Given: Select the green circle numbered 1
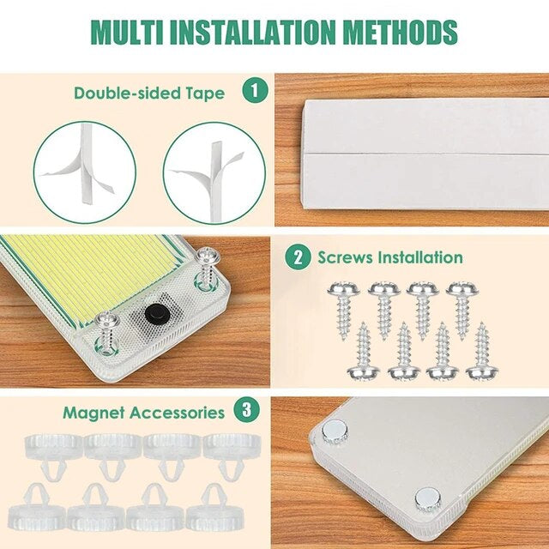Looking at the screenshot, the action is click(256, 90).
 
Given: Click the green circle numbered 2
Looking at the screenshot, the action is click(298, 257).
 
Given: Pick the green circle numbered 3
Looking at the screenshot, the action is click(247, 409).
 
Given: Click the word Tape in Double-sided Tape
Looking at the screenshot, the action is click(205, 94).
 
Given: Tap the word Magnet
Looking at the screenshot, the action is click(94, 413).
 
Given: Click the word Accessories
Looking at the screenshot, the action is click(178, 413).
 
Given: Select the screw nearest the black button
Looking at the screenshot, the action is click(107, 332).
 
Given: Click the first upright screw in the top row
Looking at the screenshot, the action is click(344, 310).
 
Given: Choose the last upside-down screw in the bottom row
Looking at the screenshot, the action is click(482, 351).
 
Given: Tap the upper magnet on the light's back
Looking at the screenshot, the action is click(335, 432).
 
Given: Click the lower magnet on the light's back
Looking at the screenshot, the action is click(428, 499).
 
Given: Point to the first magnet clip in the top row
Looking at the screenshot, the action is click(53, 455).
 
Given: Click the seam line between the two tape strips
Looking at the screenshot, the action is click(426, 154).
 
